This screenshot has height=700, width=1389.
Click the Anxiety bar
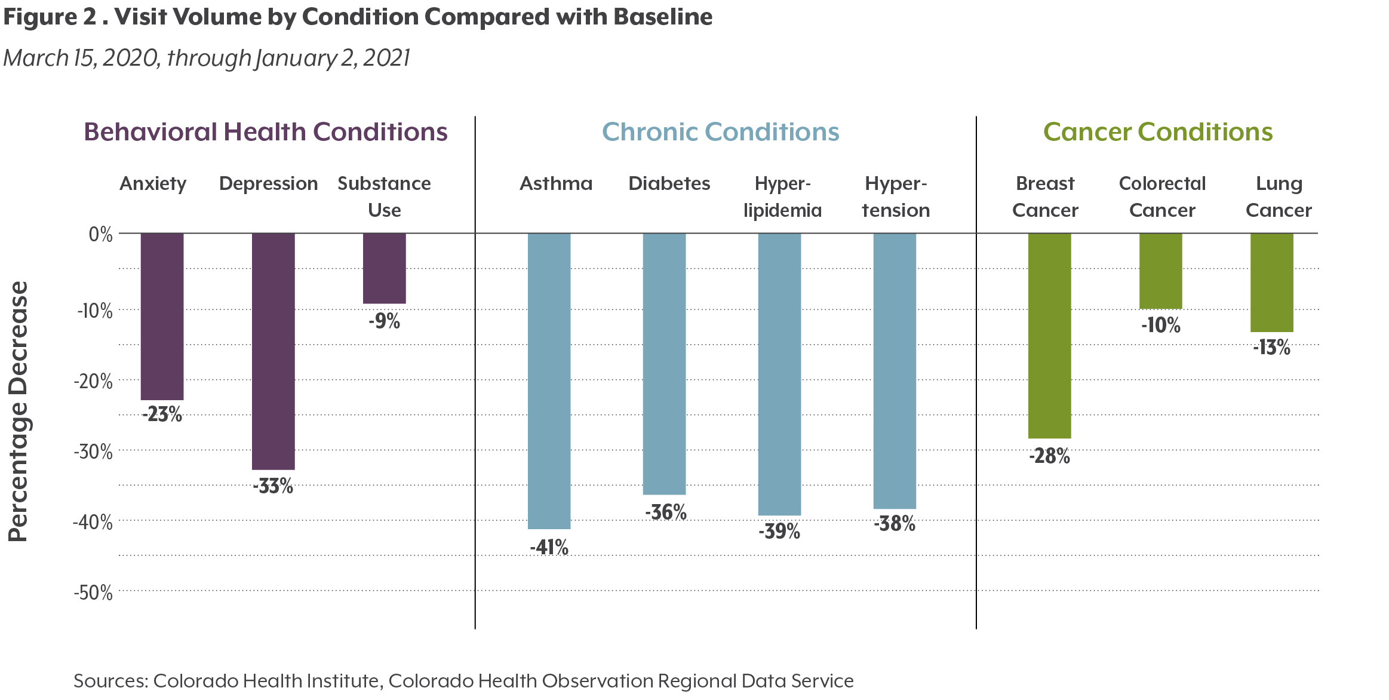tap(162, 317)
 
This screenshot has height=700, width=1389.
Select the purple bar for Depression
tap(273, 351)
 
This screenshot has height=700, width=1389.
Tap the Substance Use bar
tap(385, 269)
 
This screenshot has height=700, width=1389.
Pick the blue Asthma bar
tap(549, 381)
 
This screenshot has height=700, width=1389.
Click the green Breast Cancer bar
tap(1049, 336)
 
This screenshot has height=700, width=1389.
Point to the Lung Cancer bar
tap(1272, 283)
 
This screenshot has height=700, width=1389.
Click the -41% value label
tap(549, 547)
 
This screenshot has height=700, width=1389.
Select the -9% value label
tap(385, 321)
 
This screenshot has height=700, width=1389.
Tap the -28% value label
tap(1049, 456)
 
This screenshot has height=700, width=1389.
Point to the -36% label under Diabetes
tap(665, 512)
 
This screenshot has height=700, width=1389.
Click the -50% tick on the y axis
tap(93, 593)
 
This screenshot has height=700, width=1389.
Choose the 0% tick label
tap(100, 235)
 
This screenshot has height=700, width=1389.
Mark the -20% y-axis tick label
tap(93, 381)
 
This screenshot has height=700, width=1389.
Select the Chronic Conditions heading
tap(720, 132)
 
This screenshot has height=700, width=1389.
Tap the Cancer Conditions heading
tap(1158, 132)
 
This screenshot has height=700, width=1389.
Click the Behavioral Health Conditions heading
tap(266, 132)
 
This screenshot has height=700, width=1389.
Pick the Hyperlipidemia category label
tap(782, 197)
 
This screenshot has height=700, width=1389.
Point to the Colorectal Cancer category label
tap(1162, 197)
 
